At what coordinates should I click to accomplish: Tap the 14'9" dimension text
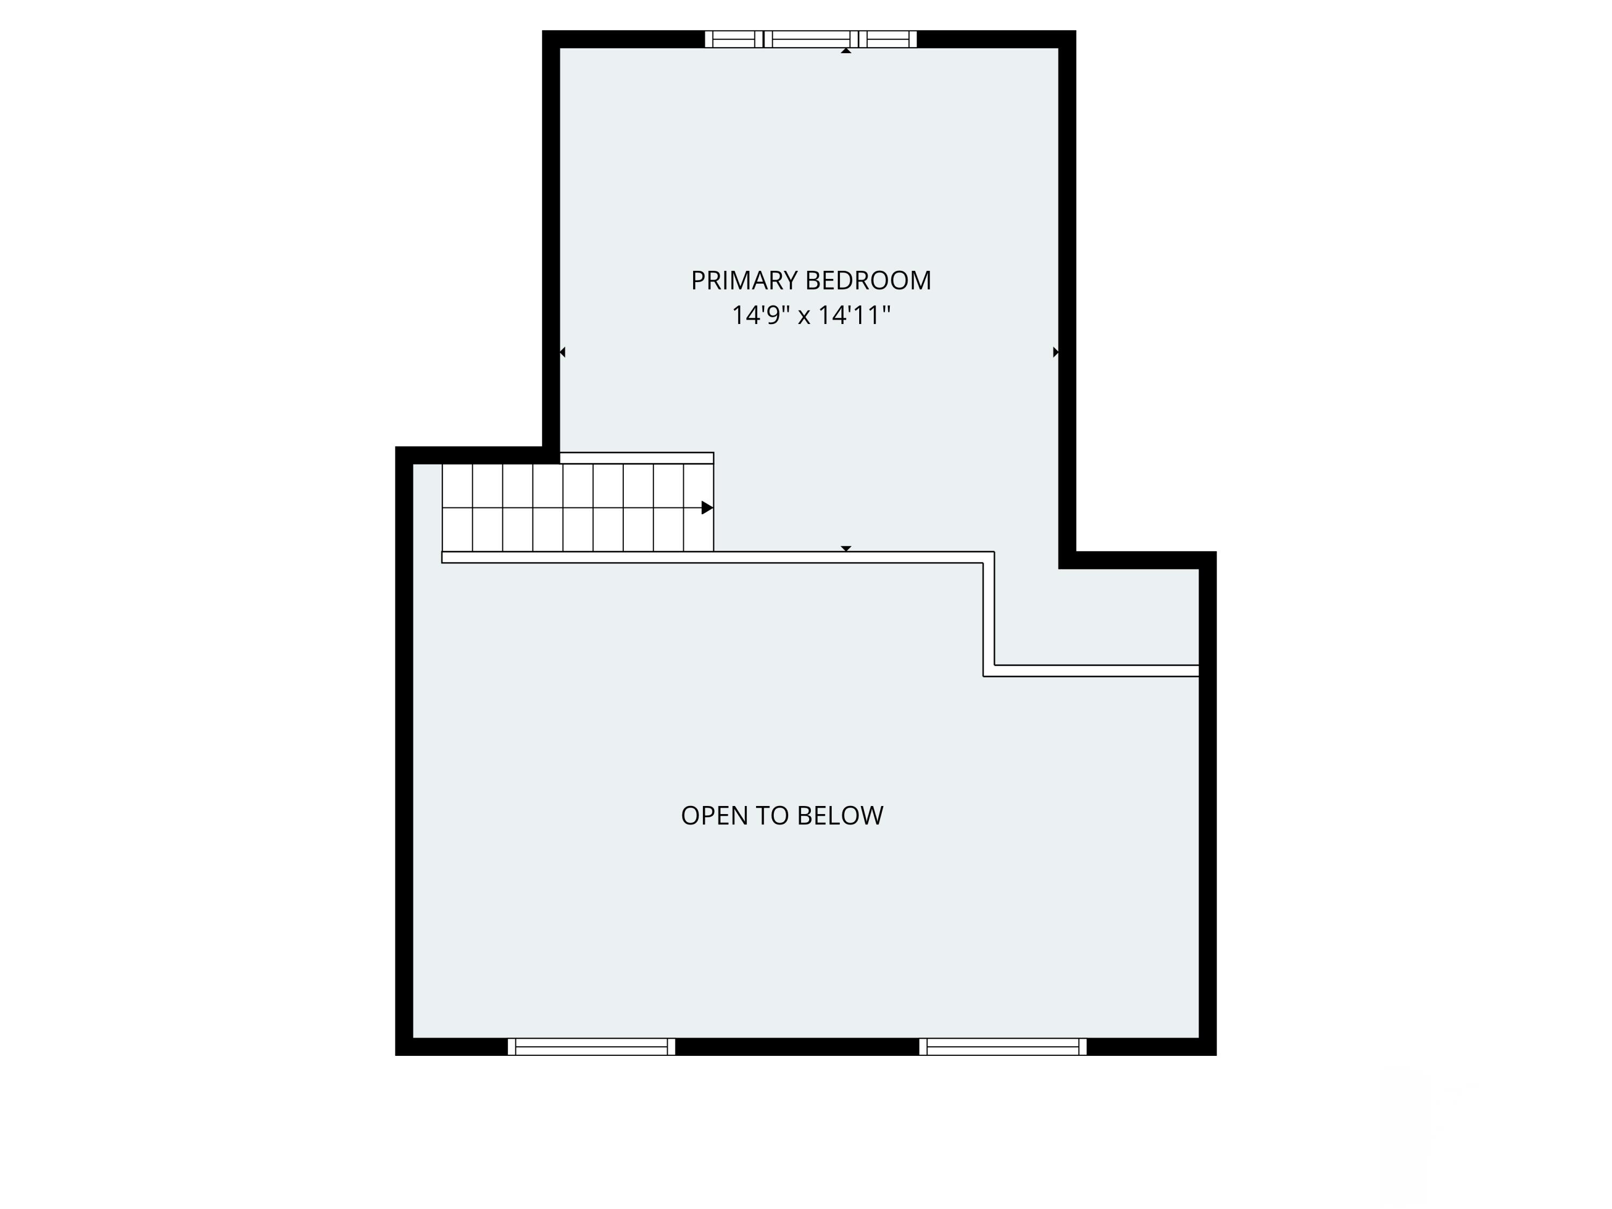(x=760, y=315)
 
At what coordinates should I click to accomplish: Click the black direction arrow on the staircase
(x=706, y=508)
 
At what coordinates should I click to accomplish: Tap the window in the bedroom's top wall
(x=810, y=39)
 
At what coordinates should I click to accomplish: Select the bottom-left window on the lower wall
(x=591, y=1047)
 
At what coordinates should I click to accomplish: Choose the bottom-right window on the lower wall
(x=1003, y=1047)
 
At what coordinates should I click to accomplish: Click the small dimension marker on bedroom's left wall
(x=562, y=352)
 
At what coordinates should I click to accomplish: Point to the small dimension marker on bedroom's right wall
(x=1055, y=352)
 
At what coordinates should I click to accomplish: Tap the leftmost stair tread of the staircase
(x=457, y=508)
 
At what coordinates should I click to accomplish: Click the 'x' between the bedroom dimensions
(x=804, y=317)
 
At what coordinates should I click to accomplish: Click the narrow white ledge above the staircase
(x=636, y=458)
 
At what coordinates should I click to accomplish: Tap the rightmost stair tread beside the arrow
(x=697, y=508)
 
